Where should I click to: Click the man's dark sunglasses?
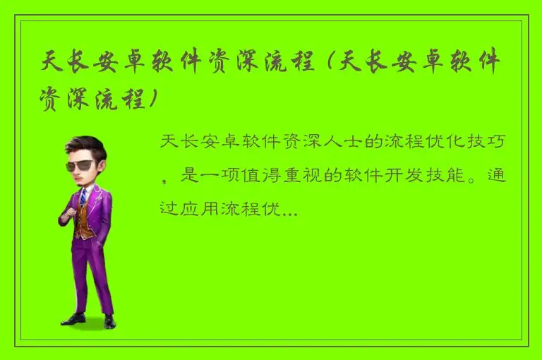pos(83,165)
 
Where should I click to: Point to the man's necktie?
pos(83,197)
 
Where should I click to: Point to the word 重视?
pos(300,176)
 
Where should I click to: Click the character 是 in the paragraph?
pos(188,176)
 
